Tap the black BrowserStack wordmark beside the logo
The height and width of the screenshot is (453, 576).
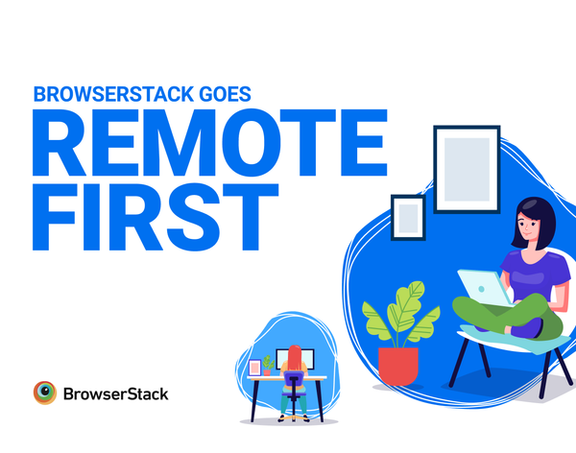[114, 393]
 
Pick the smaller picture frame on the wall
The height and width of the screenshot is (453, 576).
[407, 216]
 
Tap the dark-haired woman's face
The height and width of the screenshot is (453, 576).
[531, 226]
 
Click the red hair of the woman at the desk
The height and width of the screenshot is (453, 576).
[296, 357]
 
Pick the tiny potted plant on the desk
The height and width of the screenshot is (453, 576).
[268, 367]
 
